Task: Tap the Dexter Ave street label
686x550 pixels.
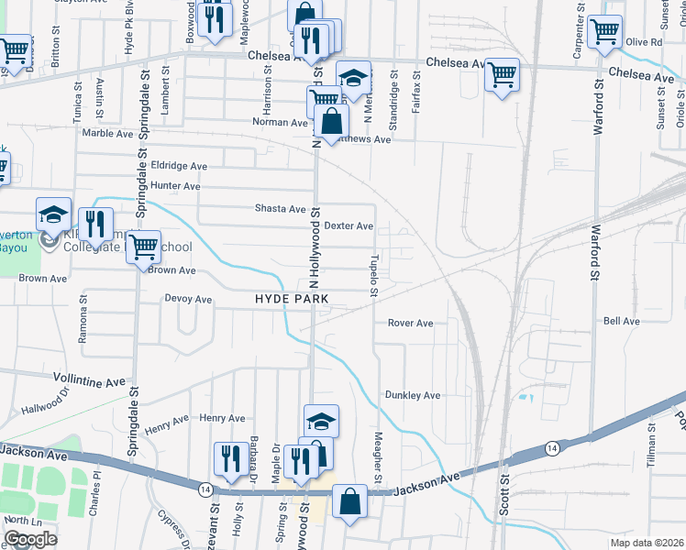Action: pos(349,225)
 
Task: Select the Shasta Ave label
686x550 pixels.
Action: pos(280,209)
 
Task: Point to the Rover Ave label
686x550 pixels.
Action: pos(410,324)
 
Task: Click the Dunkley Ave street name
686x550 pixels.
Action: pos(413,395)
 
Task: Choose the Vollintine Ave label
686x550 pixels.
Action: pos(89,380)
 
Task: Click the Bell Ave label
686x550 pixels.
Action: pos(622,322)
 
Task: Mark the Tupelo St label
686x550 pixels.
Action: pos(374,276)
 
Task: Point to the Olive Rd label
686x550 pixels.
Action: pos(644,42)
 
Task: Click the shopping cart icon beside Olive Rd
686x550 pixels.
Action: pos(604,31)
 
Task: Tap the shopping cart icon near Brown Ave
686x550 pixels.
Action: pos(142,247)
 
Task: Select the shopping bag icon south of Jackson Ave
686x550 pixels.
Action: pos(349,501)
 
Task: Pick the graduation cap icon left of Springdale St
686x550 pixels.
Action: pos(54,214)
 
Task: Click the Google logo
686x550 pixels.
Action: pos(30,539)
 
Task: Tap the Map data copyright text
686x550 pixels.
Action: pos(646,542)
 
